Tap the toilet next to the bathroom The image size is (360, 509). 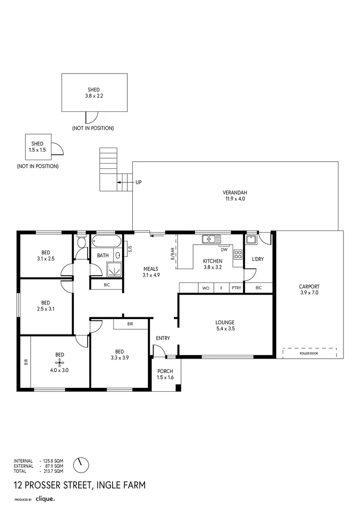pyautogui.click(x=81, y=241)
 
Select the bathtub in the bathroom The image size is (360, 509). pyautogui.click(x=106, y=242)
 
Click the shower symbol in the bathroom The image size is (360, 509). pyautogui.click(x=114, y=269)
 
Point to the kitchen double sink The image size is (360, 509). pyautogui.click(x=211, y=239)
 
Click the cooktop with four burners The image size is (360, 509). pyautogui.click(x=238, y=254)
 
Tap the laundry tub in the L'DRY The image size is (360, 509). pyautogui.click(x=251, y=240)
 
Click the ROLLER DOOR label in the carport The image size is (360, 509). pyautogui.click(x=309, y=353)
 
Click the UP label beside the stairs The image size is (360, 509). pyautogui.click(x=139, y=182)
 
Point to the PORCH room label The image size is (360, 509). pyautogui.click(x=165, y=371)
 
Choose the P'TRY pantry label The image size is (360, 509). pyautogui.click(x=237, y=287)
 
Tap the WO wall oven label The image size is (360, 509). pyautogui.click(x=206, y=288)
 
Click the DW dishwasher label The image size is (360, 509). pyautogui.click(x=224, y=250)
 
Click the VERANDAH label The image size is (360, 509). pyautogui.click(x=235, y=192)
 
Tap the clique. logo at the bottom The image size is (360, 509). pyautogui.click(x=45, y=499)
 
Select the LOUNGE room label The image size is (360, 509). pyautogui.click(x=225, y=322)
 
